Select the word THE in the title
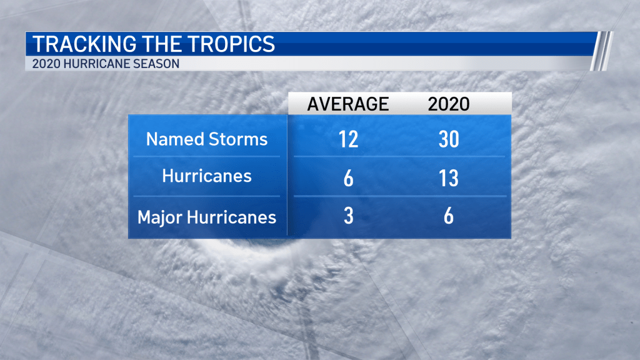162,44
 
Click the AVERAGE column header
348,104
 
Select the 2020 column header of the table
449,104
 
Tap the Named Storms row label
207,139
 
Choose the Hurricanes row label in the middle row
207,176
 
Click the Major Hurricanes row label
207,217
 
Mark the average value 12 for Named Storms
348,139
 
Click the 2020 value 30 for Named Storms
449,139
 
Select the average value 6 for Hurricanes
348,178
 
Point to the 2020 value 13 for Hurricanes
449,178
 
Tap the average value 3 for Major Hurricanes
348,216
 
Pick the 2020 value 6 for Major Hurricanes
449,216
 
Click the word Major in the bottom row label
160,217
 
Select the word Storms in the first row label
238,139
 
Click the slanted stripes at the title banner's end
602,51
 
